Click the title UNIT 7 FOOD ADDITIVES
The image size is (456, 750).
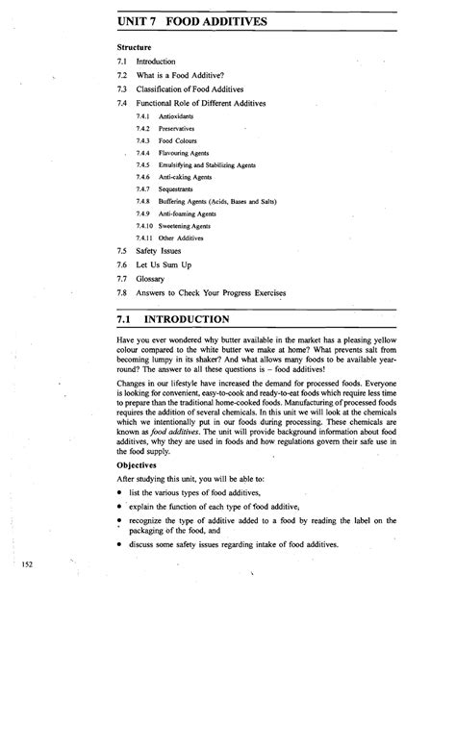point(192,20)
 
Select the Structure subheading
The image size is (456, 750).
point(134,46)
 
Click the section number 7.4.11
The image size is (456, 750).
point(145,237)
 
